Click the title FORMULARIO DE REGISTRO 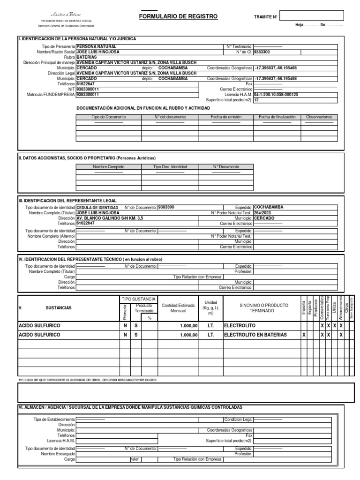click(178, 16)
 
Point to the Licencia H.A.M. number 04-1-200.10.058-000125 click(276, 94)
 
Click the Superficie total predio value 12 click(256, 100)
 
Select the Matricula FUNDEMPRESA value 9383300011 click(88, 94)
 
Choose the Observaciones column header click(319, 117)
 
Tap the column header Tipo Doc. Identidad click(170, 167)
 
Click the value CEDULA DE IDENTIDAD click(97, 207)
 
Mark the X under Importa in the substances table click(304, 335)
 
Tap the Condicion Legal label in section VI click(238, 419)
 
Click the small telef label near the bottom click(135, 460)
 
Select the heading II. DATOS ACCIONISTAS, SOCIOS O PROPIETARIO click(86, 158)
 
